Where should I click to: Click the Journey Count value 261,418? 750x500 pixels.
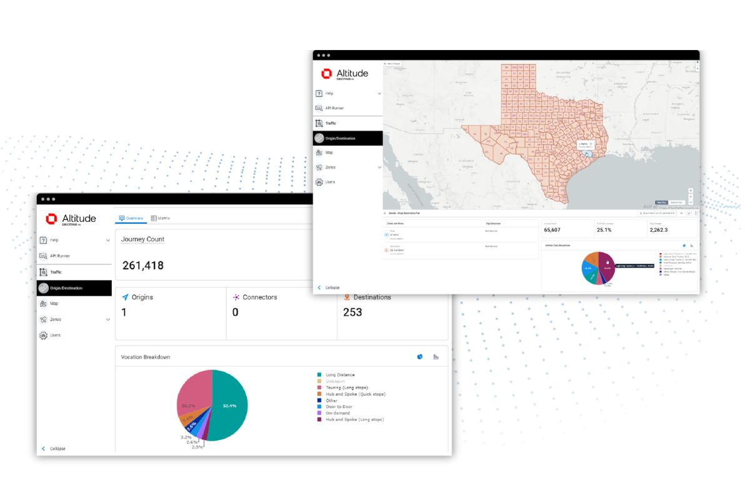click(142, 266)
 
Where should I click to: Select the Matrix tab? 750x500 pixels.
click(161, 218)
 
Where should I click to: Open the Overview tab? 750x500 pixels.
click(131, 218)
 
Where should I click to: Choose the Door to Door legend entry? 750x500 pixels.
click(339, 407)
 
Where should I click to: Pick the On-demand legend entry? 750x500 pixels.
click(337, 413)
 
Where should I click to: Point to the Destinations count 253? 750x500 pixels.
click(352, 312)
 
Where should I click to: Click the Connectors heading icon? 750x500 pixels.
click(236, 297)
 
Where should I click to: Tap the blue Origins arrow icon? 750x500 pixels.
click(125, 297)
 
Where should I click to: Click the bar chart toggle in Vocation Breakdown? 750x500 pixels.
click(436, 357)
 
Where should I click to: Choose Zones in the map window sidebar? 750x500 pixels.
click(331, 167)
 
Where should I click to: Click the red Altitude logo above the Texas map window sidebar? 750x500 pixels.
click(327, 74)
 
